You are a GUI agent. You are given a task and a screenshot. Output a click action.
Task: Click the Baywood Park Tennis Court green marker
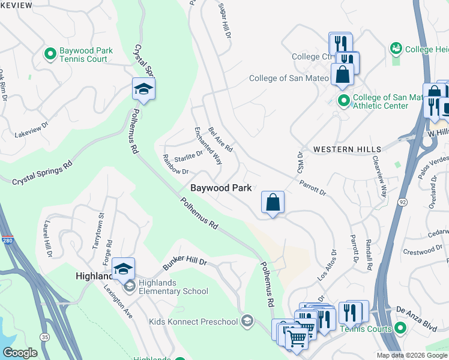[x=50, y=55]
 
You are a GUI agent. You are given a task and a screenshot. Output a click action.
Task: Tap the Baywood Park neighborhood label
[x=220, y=188]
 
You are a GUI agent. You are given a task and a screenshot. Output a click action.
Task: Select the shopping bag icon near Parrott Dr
[x=273, y=202]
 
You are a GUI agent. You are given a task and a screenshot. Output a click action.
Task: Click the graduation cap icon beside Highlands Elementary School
[x=124, y=269]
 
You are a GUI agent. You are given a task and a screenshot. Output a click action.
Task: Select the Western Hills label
[x=347, y=149]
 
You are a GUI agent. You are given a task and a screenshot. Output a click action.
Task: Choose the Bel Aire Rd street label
[x=220, y=139]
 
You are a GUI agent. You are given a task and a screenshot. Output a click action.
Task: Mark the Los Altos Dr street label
[x=324, y=266]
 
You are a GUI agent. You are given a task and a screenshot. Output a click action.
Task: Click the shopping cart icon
[x=296, y=339]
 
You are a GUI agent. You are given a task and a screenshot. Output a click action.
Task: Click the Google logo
[x=20, y=353]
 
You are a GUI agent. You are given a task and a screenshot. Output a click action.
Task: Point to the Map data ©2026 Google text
[x=412, y=355]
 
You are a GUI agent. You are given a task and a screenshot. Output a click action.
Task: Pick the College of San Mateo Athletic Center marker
[x=343, y=101]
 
